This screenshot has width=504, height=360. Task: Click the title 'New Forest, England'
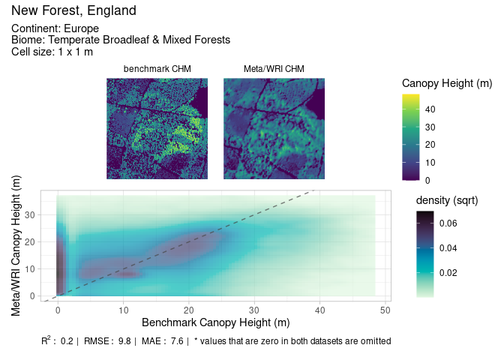[73, 11]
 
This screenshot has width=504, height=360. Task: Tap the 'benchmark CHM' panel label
[157, 70]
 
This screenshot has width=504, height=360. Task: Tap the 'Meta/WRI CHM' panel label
[274, 70]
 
